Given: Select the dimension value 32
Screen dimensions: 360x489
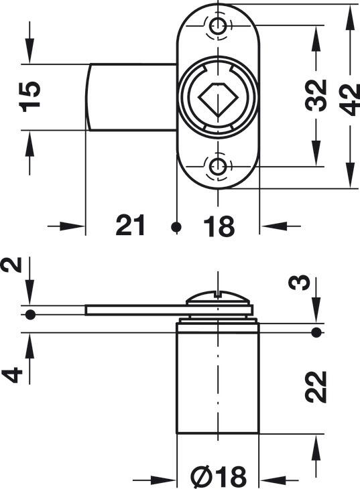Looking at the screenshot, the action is coord(316,95).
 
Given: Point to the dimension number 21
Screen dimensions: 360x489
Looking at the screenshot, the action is coord(130,225).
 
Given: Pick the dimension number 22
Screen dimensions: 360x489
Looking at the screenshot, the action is coord(316,387).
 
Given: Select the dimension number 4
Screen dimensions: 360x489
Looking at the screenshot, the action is coord(13,375).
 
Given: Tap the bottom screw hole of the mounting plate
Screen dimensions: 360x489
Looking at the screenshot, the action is coord(218,166).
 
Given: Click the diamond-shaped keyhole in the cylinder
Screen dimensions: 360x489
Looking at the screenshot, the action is coord(218,98).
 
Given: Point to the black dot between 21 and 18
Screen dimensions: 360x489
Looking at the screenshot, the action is coord(176,226).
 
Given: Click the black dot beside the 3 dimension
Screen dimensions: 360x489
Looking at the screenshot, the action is coord(316,332).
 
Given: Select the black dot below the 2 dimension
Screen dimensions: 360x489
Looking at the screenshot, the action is coord(30,315).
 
